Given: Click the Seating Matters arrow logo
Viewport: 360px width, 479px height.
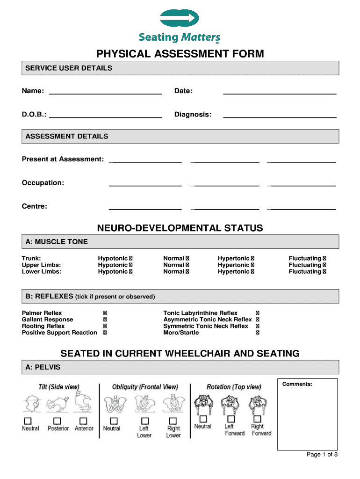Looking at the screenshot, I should [x=180, y=18].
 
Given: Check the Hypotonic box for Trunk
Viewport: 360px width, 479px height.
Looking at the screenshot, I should [x=130, y=258].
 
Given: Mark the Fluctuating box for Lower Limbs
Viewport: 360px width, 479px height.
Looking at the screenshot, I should [x=324, y=271].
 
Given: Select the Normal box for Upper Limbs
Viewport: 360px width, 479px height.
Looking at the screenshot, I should [x=187, y=265].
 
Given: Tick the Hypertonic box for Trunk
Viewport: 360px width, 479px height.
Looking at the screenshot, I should [x=252, y=258].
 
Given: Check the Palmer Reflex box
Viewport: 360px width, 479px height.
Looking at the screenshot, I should [x=105, y=313].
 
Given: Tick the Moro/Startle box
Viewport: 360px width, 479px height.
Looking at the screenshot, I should [x=258, y=333].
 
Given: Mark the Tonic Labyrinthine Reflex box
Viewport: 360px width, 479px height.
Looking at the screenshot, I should [x=258, y=313].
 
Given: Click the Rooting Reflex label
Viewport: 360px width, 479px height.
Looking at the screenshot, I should [x=43, y=326].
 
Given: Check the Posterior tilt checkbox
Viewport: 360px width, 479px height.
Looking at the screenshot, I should [x=57, y=421].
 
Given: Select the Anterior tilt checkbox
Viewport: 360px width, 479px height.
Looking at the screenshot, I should [x=83, y=421].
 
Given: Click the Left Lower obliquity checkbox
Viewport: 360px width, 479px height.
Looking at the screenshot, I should [x=144, y=421].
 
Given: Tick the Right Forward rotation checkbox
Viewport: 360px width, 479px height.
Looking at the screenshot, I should [x=257, y=419].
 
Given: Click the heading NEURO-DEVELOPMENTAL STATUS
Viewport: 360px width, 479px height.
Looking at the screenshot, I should [x=180, y=228].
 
